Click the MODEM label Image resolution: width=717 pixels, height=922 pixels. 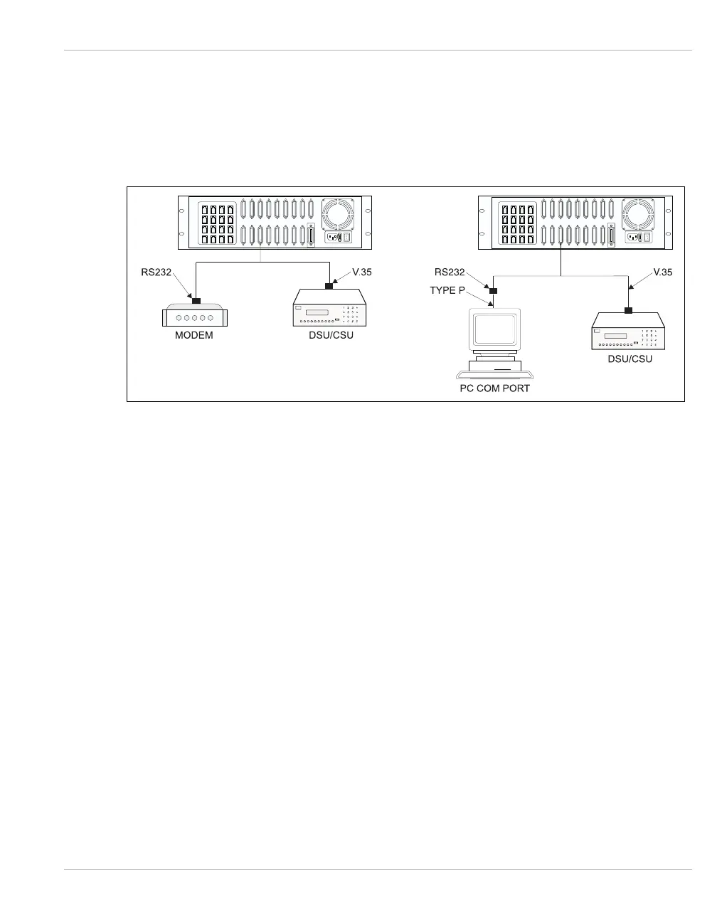[194, 335]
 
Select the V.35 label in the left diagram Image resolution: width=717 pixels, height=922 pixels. [362, 272]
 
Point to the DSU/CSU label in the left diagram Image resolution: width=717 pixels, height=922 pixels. [331, 335]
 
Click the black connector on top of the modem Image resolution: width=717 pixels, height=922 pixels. [197, 300]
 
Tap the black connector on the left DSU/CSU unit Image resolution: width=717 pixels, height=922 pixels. [329, 286]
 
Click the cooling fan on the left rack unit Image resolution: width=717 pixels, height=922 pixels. [340, 214]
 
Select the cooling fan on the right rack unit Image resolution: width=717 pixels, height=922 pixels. [639, 214]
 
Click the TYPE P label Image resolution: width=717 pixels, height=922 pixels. [447, 290]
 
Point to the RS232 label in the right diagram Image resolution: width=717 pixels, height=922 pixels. [450, 272]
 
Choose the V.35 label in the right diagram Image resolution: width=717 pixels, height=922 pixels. [662, 272]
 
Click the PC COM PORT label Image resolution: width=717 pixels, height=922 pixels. [494, 388]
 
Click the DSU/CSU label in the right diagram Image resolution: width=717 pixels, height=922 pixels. [630, 359]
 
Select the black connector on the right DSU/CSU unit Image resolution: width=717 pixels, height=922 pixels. [629, 310]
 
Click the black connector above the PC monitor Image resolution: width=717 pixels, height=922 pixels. [493, 291]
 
